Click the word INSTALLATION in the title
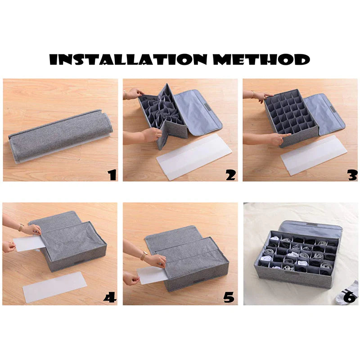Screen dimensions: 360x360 click(128, 59)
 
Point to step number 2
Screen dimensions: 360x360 click(230, 175)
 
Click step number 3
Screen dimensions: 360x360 click(352, 175)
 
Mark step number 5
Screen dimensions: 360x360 click(229, 297)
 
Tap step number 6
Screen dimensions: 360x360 click(351, 297)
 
